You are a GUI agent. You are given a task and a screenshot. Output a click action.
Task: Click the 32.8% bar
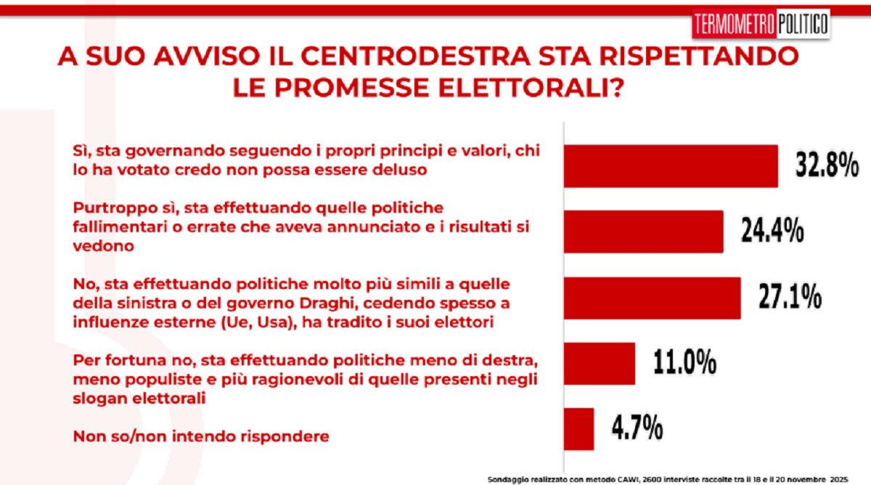click(x=671, y=166)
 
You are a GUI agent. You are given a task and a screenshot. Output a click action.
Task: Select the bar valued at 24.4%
click(x=643, y=232)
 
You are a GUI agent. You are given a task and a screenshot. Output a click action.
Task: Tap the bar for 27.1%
click(x=652, y=298)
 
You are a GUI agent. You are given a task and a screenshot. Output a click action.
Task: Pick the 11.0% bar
click(x=599, y=363)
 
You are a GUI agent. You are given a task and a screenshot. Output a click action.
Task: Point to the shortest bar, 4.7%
click(x=578, y=429)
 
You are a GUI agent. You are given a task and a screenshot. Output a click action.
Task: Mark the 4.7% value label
click(x=637, y=428)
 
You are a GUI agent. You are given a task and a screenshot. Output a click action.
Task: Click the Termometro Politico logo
click(x=760, y=24)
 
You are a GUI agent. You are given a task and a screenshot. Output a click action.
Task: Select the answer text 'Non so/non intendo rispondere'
click(x=202, y=436)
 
